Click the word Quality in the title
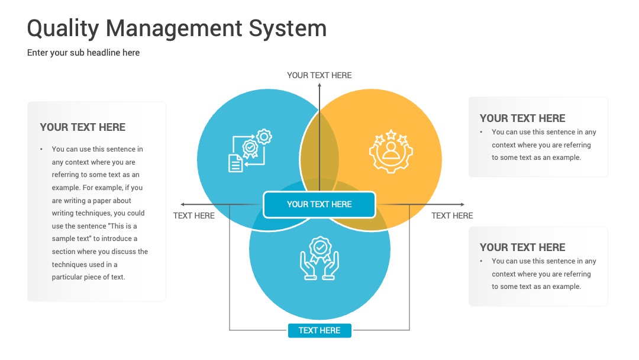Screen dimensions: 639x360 [63, 29]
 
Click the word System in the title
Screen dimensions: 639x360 [288, 29]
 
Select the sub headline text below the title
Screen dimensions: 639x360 [83, 53]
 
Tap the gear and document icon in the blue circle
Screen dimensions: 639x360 [250, 150]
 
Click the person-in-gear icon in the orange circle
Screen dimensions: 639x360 [391, 151]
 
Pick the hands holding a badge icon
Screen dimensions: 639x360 [319, 258]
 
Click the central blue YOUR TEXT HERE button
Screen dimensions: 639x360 [319, 204]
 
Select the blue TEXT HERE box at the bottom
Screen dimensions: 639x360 [319, 330]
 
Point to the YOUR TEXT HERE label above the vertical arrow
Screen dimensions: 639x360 [319, 75]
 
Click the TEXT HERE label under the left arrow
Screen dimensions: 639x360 [193, 216]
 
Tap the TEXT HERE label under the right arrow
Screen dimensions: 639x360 [452, 216]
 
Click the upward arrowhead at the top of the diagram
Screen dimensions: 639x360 [319, 85]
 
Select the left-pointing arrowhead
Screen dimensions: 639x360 [183, 204]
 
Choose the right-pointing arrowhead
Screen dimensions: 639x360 [463, 204]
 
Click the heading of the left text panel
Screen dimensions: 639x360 [83, 127]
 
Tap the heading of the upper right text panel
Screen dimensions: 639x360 [522, 118]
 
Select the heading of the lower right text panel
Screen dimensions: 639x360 [522, 247]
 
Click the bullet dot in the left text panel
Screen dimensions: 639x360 [41, 149]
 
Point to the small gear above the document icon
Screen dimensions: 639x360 [264, 137]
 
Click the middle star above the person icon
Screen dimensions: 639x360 [391, 134]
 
